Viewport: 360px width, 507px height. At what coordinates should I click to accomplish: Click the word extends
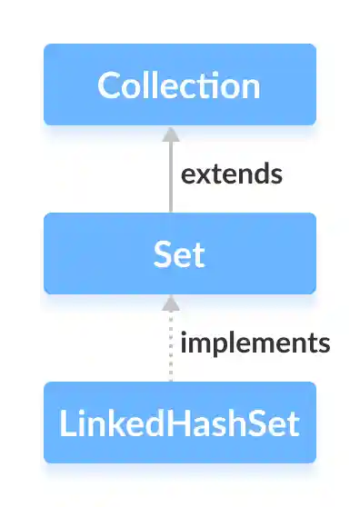[231, 174]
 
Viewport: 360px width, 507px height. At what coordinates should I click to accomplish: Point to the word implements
[255, 343]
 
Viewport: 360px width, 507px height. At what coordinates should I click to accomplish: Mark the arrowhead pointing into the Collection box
[168, 133]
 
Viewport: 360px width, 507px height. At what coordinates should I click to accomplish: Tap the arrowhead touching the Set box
[168, 302]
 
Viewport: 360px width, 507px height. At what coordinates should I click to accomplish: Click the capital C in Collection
[109, 85]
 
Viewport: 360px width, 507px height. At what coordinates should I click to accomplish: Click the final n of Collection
[250, 87]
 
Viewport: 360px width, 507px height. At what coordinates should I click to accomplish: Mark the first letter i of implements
[185, 343]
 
